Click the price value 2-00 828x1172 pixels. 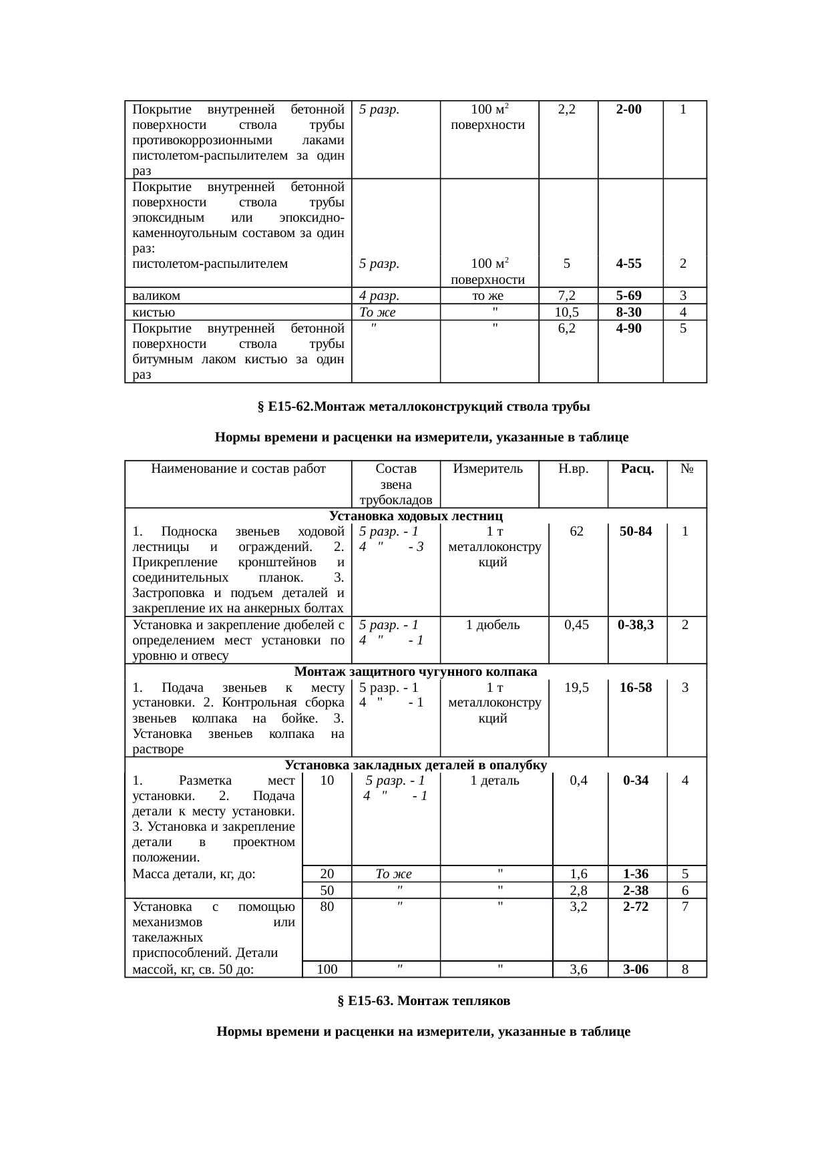pyautogui.click(x=629, y=110)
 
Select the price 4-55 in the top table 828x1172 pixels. pyautogui.click(x=629, y=263)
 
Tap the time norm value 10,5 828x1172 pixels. pyautogui.click(x=566, y=312)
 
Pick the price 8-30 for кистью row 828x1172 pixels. pyautogui.click(x=629, y=312)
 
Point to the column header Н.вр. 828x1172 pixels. pyautogui.click(x=573, y=469)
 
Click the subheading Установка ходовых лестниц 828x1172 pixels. pyautogui.click(x=415, y=516)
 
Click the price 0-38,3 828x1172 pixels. pyautogui.click(x=636, y=625)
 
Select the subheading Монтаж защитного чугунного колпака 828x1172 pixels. pyautogui.click(x=415, y=671)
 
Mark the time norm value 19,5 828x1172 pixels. pyautogui.click(x=578, y=687)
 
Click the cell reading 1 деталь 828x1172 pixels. pyautogui.click(x=495, y=781)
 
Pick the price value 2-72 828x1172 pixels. pyautogui.click(x=636, y=907)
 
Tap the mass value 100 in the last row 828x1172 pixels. pyautogui.click(x=327, y=970)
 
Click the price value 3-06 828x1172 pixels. pyautogui.click(x=636, y=970)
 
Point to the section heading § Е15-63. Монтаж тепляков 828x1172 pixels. pyautogui.click(x=423, y=1001)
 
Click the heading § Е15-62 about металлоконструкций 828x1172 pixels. pyautogui.click(x=423, y=407)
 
